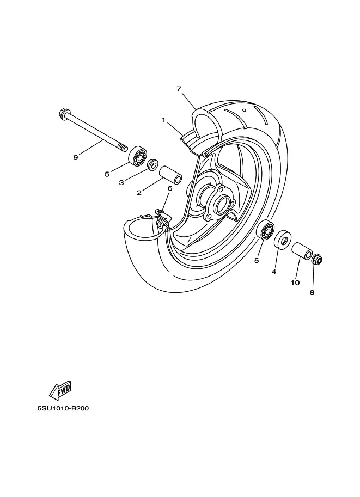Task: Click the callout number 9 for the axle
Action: point(76,157)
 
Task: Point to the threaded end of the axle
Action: point(123,148)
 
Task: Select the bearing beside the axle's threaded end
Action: point(138,155)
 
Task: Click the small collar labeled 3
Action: point(153,164)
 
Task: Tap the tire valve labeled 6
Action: point(163,214)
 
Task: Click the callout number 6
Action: point(170,188)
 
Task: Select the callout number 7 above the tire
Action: point(179,89)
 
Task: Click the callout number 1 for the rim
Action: point(164,120)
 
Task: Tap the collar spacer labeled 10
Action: point(302,251)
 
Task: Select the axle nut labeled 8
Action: point(317,259)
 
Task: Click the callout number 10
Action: point(295,283)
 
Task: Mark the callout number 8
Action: point(312,292)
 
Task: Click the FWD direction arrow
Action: point(60,390)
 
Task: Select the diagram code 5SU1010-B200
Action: point(63,408)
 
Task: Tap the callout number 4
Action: point(274,272)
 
